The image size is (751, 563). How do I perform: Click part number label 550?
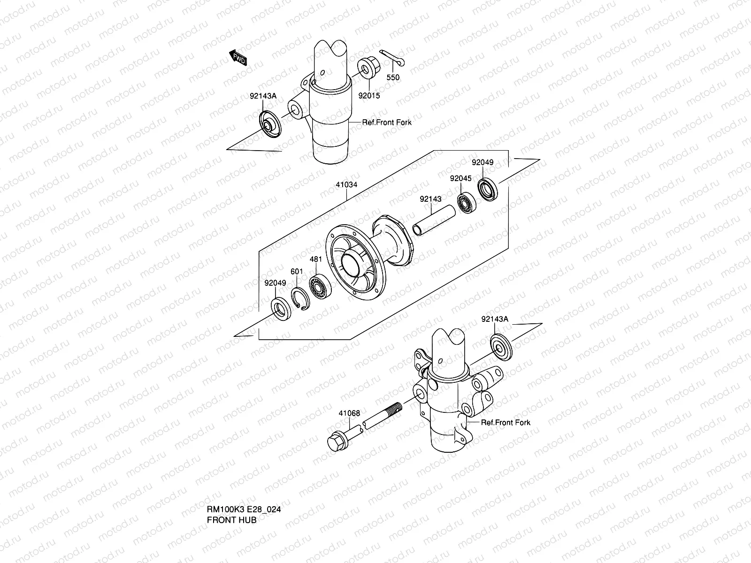click(x=393, y=77)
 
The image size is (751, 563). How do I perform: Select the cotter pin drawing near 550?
click(x=392, y=57)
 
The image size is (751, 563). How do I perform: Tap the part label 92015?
click(x=369, y=96)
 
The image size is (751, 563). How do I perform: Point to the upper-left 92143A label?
click(x=263, y=96)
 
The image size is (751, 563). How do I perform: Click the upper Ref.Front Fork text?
click(x=386, y=122)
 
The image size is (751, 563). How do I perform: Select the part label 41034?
click(x=346, y=185)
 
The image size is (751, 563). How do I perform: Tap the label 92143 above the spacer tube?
click(x=430, y=199)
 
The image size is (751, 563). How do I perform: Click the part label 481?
click(x=316, y=259)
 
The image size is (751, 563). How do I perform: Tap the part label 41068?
click(x=349, y=413)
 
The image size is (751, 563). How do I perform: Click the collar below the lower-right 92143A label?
click(x=501, y=347)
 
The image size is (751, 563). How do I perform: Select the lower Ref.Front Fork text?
click(x=506, y=422)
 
